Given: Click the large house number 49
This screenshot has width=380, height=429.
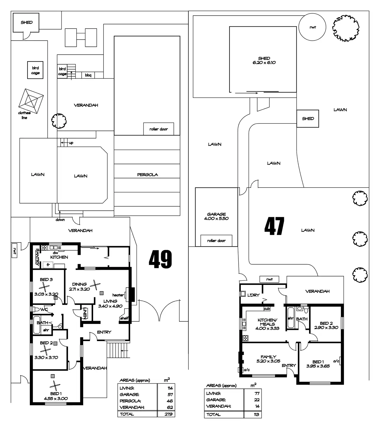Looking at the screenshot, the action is point(160,259).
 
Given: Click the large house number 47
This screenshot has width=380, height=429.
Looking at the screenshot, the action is point(274,226).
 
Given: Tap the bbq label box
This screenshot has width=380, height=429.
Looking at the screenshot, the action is point(88,75).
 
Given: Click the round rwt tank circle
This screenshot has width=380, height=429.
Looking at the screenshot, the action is point(313,28).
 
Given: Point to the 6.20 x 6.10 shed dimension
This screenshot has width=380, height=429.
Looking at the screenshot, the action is point(264,63).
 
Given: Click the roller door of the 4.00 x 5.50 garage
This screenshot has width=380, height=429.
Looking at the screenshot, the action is point(216,241).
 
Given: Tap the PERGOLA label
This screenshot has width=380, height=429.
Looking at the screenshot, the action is point(147,175).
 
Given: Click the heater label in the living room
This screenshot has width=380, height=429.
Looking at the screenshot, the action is point(118,295).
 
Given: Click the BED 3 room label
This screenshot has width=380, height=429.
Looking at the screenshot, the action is point(46,280).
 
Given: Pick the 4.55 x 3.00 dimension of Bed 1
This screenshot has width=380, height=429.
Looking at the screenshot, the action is point(56,399).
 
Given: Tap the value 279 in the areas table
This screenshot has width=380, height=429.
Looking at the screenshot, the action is point(168,414).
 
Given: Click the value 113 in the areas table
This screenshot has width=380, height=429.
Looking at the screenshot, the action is point(256,415).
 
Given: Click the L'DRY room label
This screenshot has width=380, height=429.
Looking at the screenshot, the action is point(253,295).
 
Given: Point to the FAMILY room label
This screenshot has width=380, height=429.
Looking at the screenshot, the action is point(268,357).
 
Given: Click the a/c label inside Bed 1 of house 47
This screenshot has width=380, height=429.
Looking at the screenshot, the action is point(336,361).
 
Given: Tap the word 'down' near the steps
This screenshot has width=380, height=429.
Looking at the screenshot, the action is point(60,220).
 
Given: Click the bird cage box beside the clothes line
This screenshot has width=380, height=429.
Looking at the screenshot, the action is point(35,70).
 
